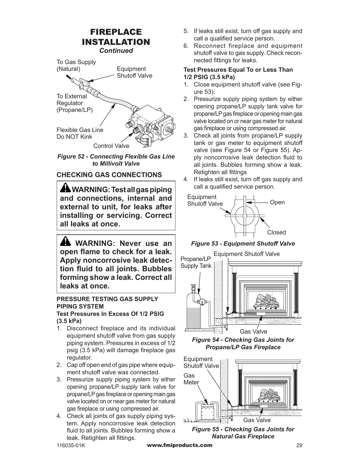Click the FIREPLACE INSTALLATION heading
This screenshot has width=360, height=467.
116,37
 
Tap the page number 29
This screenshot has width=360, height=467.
299,446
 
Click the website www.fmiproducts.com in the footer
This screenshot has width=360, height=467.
180,445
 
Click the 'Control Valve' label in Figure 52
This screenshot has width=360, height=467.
111,146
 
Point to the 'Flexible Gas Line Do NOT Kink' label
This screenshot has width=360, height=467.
80,133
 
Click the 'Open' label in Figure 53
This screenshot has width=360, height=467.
277,202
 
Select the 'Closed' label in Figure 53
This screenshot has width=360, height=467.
276,232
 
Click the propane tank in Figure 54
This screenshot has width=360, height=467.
193,313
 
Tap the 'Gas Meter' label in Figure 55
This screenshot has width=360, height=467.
191,379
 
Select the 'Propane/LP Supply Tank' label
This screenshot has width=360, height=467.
196,262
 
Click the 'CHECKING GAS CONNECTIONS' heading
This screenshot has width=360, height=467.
109,175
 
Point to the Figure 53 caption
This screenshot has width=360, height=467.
243,244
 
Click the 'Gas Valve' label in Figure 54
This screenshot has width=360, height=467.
253,332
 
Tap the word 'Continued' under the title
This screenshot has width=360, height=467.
116,50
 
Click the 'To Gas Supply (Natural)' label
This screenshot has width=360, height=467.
76,66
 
